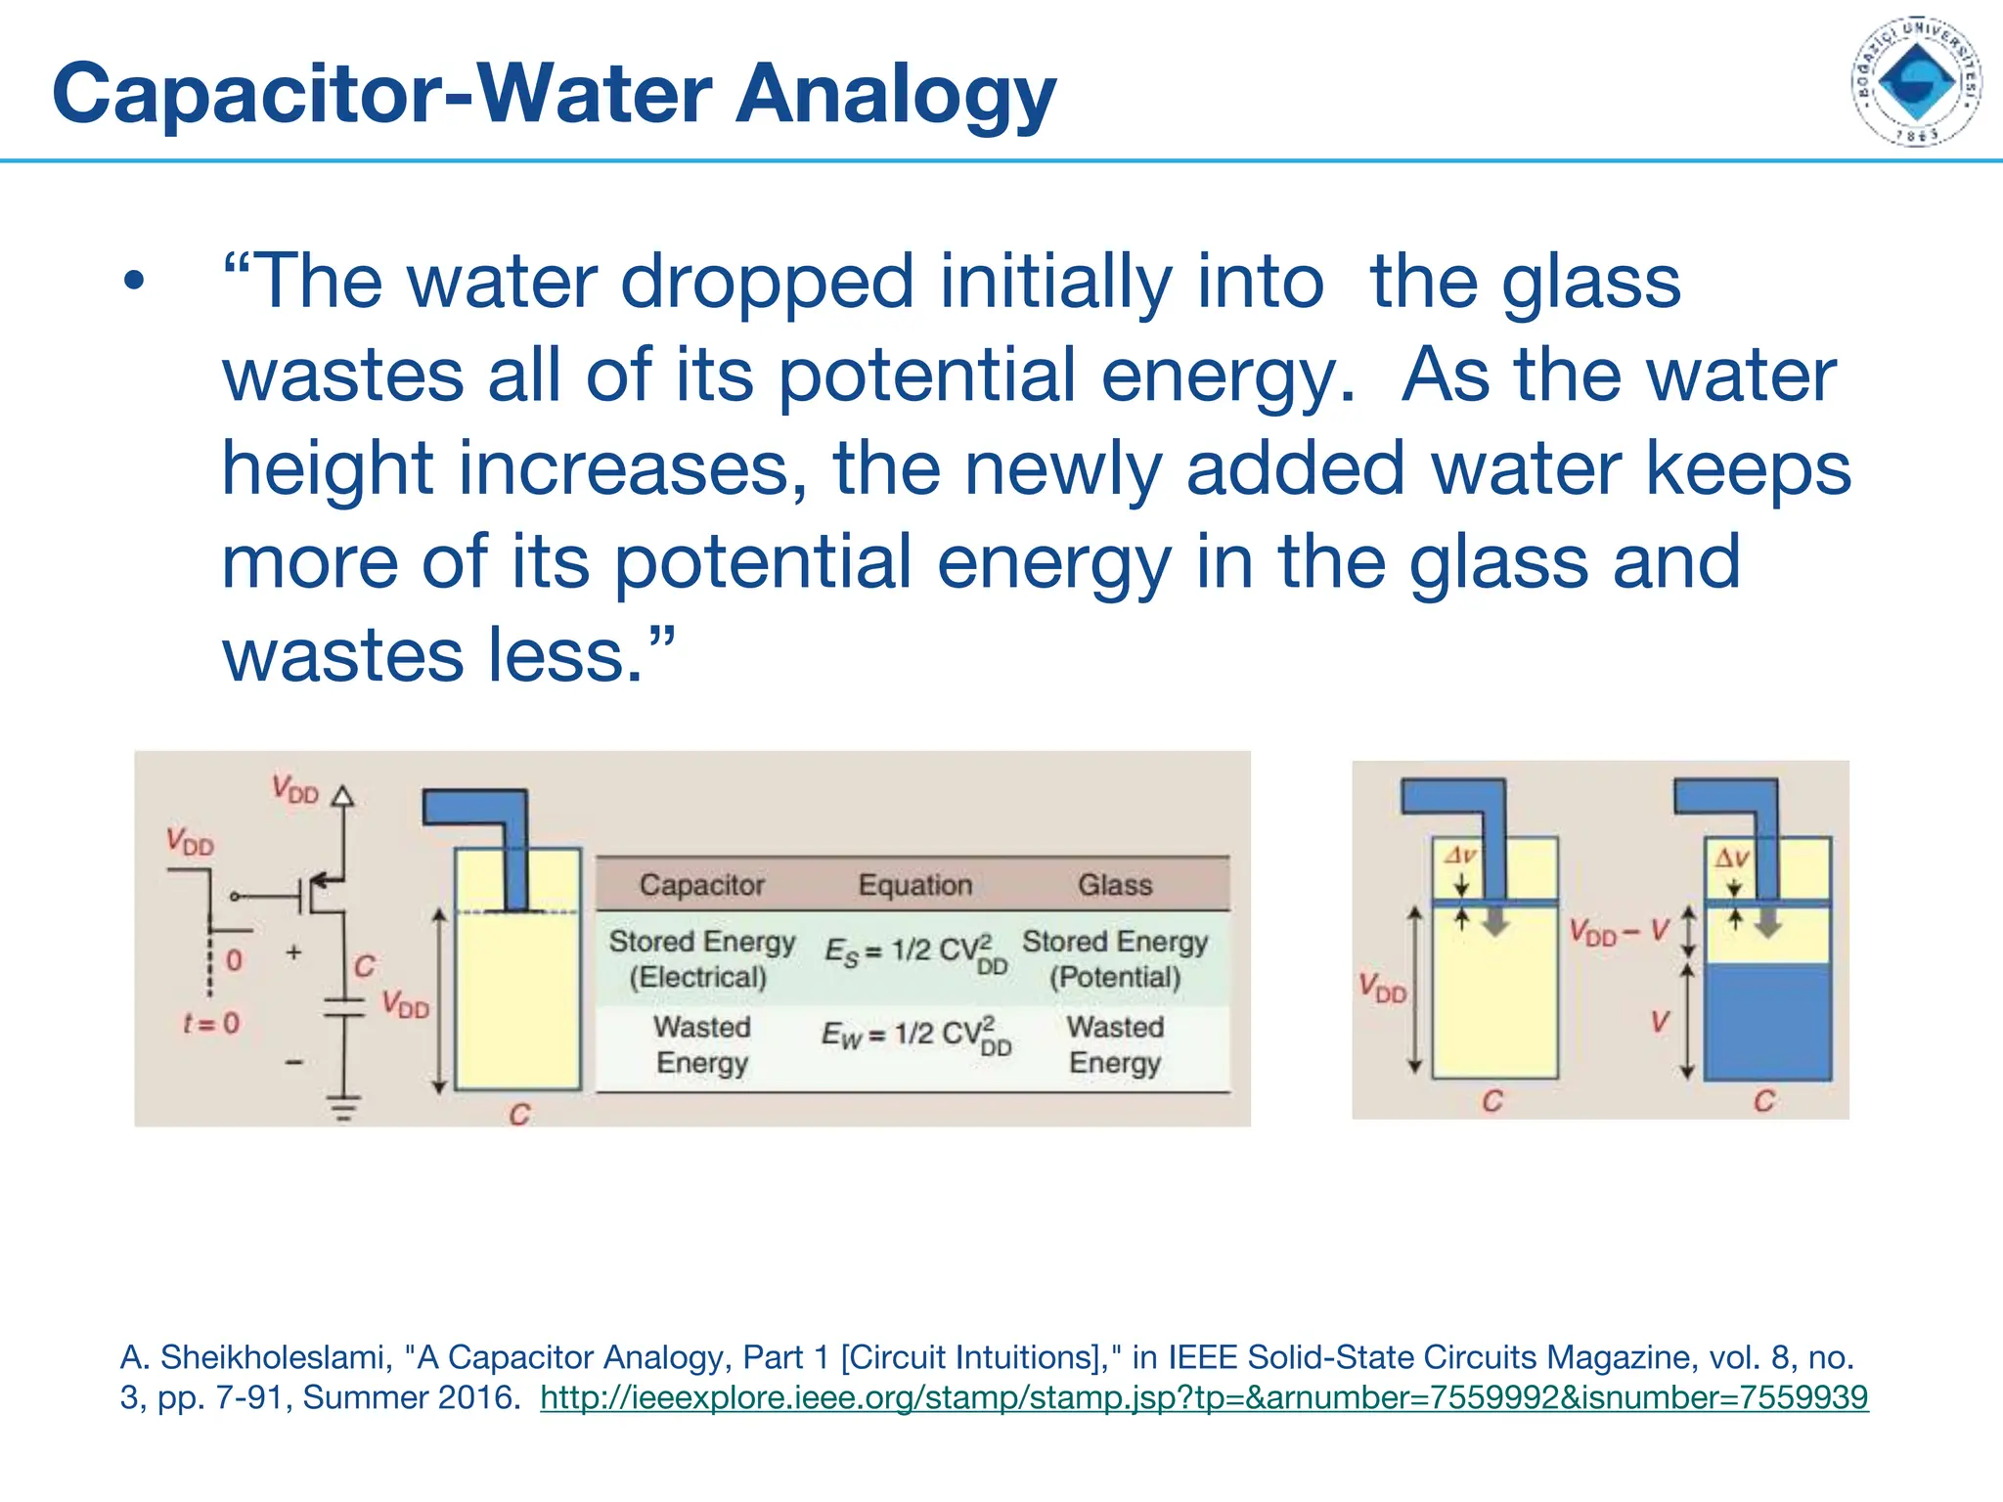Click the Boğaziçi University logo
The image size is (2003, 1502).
pos(1916,81)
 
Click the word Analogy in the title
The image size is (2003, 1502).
pos(895,95)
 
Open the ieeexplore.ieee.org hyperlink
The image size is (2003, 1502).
pos(1204,1397)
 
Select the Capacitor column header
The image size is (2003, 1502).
pos(701,885)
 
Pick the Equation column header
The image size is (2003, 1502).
pos(915,885)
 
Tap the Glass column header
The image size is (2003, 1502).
pos(1115,885)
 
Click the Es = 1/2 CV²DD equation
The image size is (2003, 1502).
pos(915,952)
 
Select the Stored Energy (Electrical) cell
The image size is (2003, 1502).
pos(701,958)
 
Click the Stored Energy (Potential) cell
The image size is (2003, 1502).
pos(1115,958)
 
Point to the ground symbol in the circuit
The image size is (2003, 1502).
pos(343,1108)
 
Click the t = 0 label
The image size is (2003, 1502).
pos(211,1024)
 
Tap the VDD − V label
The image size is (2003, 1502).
pos(1619,932)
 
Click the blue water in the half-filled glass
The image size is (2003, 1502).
pos(1767,1022)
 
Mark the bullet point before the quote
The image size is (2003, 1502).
pos(134,284)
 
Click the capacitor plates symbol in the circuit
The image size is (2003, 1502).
pos(343,1008)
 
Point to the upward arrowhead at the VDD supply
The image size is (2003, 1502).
pos(342,795)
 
